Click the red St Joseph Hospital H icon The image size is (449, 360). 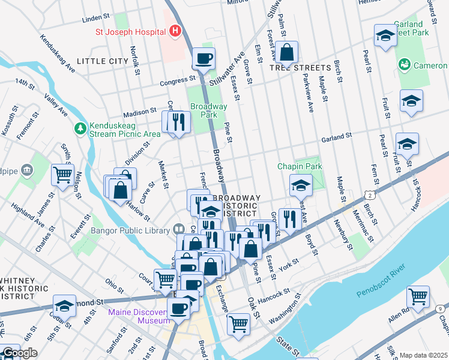pyautogui.click(x=175, y=31)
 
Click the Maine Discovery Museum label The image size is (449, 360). pyautogui.click(x=139, y=316)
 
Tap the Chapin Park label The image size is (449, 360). pyautogui.click(x=299, y=166)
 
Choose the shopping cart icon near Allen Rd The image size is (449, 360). pyautogui.click(x=418, y=296)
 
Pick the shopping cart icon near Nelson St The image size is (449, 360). pyautogui.click(x=62, y=175)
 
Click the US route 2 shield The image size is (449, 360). pyautogui.click(x=370, y=196)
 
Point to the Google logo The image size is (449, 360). pyautogui.click(x=20, y=353)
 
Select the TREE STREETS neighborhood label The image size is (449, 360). pyautogui.click(x=300, y=68)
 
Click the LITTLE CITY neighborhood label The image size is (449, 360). pyautogui.click(x=103, y=61)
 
